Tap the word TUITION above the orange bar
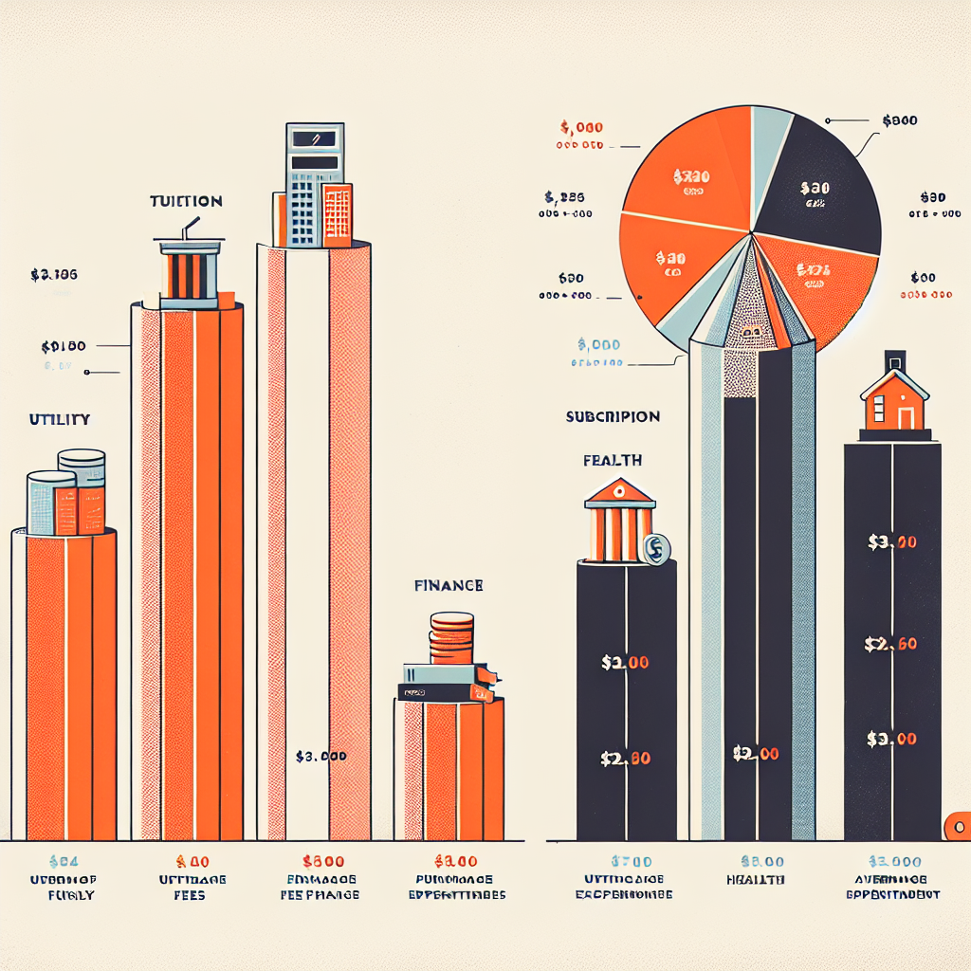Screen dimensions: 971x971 point(186,202)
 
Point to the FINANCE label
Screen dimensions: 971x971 point(449,586)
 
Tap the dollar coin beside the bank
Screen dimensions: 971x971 point(656,547)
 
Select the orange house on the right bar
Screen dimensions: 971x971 point(893,400)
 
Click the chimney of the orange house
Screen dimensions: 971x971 point(893,361)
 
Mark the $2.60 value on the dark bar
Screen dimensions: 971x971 point(890,644)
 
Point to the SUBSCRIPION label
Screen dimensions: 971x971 point(612,416)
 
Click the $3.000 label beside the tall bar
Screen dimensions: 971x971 point(321,757)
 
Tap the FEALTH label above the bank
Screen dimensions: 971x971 point(612,460)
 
